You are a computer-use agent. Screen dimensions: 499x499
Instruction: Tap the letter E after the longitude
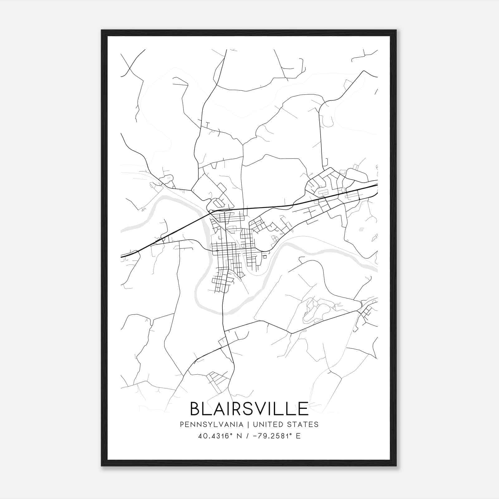[x=298, y=436]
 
